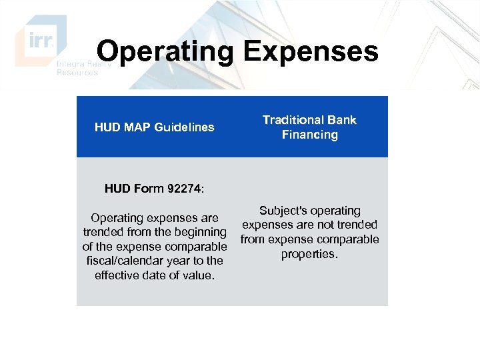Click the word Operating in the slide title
coord(165,52)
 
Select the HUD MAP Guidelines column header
coord(154,127)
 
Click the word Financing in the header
coord(309,135)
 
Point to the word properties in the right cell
coord(309,254)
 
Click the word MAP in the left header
coord(137,127)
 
